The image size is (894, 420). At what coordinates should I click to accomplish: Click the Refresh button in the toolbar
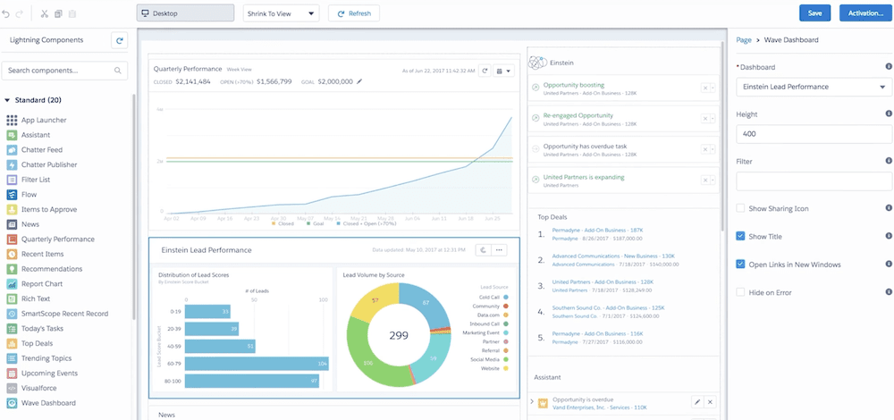coord(353,13)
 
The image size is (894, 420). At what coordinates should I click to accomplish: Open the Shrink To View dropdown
coord(281,13)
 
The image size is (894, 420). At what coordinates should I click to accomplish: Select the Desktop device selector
coord(186,13)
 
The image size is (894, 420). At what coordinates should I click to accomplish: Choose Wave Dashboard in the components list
coord(47,403)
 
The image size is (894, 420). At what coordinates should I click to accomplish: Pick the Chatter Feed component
coord(42,150)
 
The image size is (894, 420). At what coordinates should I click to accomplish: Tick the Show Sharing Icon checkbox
coord(740,208)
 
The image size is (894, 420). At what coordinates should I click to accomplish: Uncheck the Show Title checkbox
coord(740,236)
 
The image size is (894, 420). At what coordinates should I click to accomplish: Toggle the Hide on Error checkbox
coord(740,292)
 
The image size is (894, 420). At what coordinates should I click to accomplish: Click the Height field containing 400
coord(813,134)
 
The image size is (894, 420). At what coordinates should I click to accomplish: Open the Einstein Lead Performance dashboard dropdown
coord(813,87)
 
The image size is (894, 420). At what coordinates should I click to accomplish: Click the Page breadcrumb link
coord(743,40)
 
